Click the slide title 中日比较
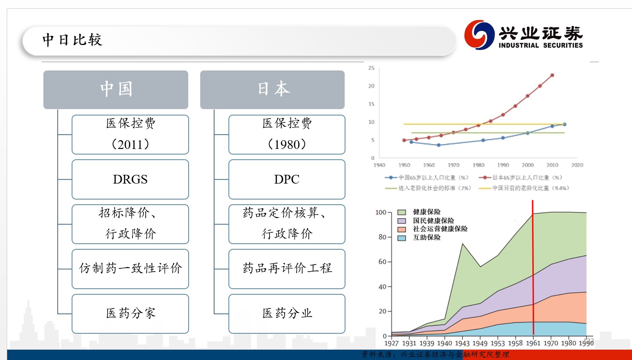tap(72, 40)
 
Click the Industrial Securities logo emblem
tap(479, 35)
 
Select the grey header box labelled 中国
tap(116, 89)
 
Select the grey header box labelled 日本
tap(273, 89)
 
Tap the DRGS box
tap(130, 179)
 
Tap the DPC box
tap(287, 179)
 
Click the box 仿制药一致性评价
tap(130, 268)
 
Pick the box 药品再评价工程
tap(287, 268)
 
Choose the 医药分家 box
tap(130, 313)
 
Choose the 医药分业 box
tap(287, 313)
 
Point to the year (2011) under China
tap(130, 144)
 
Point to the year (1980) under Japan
tap(287, 144)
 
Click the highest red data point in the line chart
tap(552, 75)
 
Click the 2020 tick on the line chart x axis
tap(577, 165)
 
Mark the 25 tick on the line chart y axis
tap(371, 68)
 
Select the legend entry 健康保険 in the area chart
tap(427, 212)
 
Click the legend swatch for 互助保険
tap(402, 238)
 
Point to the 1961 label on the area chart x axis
tap(533, 343)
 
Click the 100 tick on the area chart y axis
tap(380, 212)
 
